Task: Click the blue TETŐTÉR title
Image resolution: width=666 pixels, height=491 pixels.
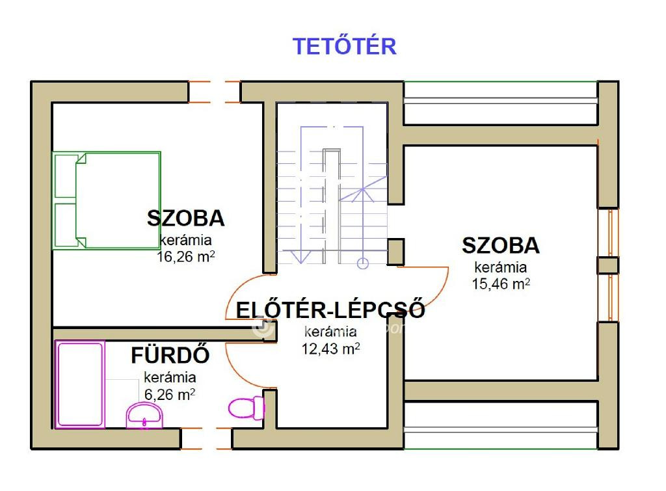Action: [x=345, y=46]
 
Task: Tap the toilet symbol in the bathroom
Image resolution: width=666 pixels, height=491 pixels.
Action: [x=246, y=408]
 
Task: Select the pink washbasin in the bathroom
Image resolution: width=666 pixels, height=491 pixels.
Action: [x=144, y=416]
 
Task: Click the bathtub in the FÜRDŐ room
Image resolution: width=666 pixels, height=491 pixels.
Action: [x=80, y=384]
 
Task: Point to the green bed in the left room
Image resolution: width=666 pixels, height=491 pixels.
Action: [x=106, y=200]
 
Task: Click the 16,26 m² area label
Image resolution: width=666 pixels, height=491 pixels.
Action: [x=185, y=256]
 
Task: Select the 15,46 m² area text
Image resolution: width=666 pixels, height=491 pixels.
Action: [x=501, y=284]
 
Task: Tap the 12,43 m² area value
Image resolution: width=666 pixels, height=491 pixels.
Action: [x=330, y=349]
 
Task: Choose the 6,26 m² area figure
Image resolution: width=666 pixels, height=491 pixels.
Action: [x=170, y=395]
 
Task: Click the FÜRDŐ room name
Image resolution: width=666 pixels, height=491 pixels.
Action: [x=170, y=355]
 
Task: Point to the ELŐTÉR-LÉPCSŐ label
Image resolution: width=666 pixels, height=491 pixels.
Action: [x=330, y=310]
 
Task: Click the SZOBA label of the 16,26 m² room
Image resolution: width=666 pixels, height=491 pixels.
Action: [x=185, y=219]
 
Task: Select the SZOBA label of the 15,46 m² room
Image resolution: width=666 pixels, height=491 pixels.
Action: [x=501, y=246]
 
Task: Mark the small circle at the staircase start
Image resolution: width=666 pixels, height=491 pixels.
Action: [x=363, y=264]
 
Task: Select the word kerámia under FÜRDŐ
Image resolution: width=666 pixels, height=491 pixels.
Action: [x=170, y=377]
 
